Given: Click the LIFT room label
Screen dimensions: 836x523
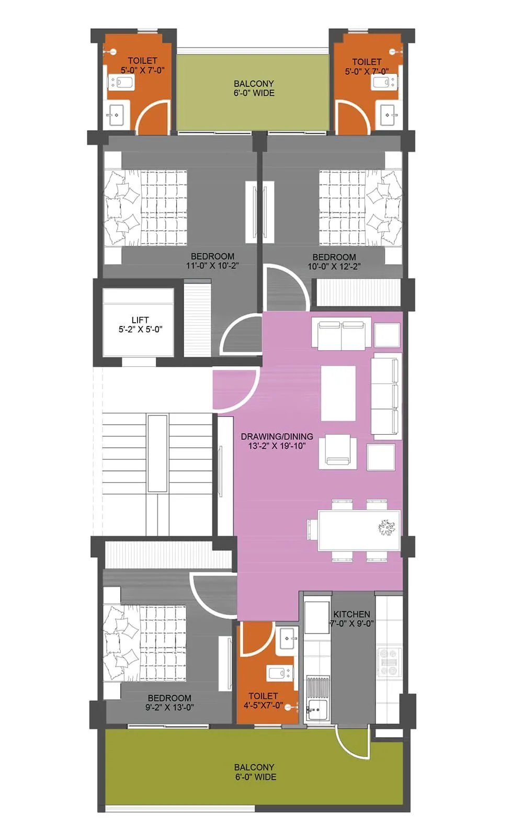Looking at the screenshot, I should [x=140, y=320].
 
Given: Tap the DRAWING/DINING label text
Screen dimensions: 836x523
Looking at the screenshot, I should [x=277, y=436].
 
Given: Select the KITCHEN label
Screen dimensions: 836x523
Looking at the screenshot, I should [x=351, y=614].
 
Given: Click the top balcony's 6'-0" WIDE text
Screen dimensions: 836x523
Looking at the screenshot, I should [x=254, y=93].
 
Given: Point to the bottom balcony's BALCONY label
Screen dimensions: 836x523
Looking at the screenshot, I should [x=254, y=767].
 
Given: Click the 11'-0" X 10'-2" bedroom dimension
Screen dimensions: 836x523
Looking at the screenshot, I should [x=212, y=266].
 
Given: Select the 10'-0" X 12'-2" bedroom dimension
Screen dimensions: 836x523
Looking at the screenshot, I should [x=334, y=267].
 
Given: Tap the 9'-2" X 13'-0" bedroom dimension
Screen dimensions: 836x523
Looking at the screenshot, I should [x=169, y=707].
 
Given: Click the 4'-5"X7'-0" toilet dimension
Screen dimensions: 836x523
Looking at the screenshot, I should [x=263, y=705].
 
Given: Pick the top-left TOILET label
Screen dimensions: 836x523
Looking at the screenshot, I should [x=142, y=61].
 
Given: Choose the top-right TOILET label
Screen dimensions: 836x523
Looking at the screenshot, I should [x=367, y=62].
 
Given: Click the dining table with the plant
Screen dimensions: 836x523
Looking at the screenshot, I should [x=359, y=530].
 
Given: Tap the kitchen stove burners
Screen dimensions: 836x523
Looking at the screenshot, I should [x=389, y=662].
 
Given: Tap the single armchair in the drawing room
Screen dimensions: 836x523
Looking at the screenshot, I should [x=338, y=451].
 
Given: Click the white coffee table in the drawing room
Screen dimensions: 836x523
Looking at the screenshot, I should [x=338, y=392].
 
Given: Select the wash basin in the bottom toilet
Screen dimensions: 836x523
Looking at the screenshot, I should [x=288, y=638].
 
